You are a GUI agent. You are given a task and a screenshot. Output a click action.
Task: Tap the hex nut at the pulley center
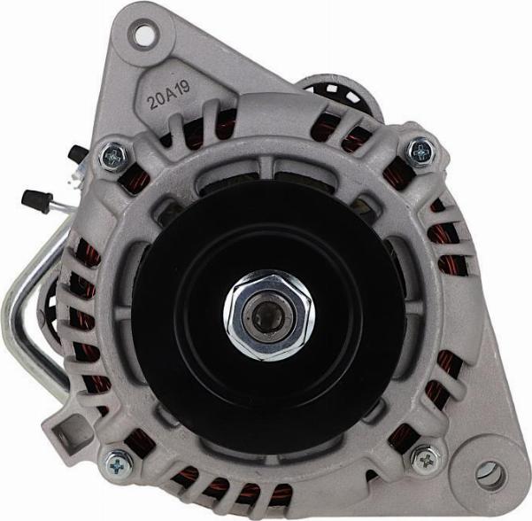pyautogui.click(x=269, y=315)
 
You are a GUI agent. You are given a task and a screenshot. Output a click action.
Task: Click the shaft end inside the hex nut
pyautogui.click(x=268, y=315)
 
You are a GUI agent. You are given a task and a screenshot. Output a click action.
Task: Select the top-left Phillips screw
pyautogui.click(x=113, y=156)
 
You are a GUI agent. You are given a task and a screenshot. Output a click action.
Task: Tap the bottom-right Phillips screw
pyautogui.click(x=426, y=460)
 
